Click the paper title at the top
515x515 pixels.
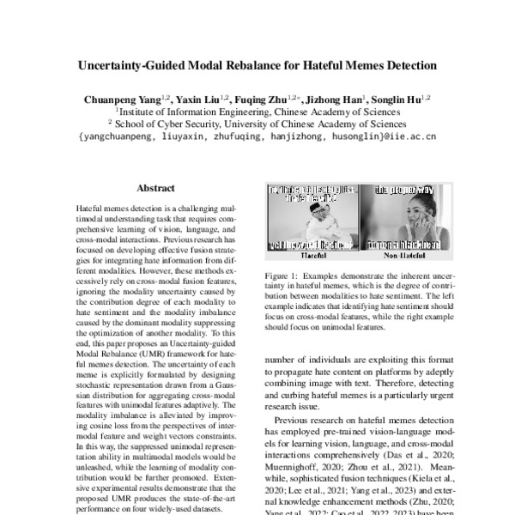click(x=257, y=65)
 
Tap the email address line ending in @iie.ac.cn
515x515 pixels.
click(x=257, y=136)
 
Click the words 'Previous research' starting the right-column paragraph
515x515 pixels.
click(x=310, y=421)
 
